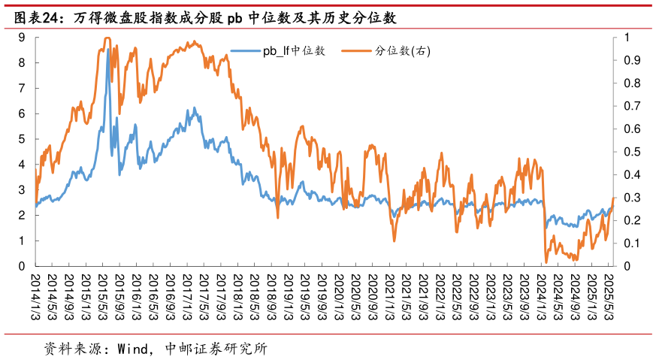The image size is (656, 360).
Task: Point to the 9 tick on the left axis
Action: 23,37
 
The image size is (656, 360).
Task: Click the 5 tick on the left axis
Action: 23,139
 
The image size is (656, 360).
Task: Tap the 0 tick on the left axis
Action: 23,266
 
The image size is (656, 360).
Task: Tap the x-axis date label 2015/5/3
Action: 103,297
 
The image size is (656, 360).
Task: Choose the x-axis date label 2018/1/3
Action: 237,297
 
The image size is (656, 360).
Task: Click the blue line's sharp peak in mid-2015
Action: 108,50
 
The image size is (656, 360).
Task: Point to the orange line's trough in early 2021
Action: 395,241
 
